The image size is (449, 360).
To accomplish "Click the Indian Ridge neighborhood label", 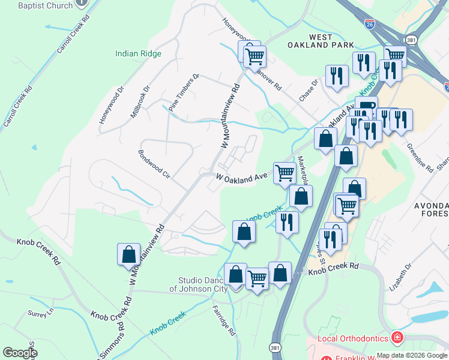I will [138, 53].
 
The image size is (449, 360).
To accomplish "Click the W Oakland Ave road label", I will [241, 178].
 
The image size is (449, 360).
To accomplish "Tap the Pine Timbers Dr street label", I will [184, 93].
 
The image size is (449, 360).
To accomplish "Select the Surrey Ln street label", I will [41, 313].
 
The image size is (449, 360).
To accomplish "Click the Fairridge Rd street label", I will [224, 320].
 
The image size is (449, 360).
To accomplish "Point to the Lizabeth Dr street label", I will [401, 275].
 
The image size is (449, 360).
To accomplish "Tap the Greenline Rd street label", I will [420, 157].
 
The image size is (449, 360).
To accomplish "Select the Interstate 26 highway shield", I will [370, 24].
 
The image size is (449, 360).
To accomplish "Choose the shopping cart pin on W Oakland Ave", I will [285, 173].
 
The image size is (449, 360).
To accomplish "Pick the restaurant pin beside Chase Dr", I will [336, 76].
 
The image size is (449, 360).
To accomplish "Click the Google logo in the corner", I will [20, 353].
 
